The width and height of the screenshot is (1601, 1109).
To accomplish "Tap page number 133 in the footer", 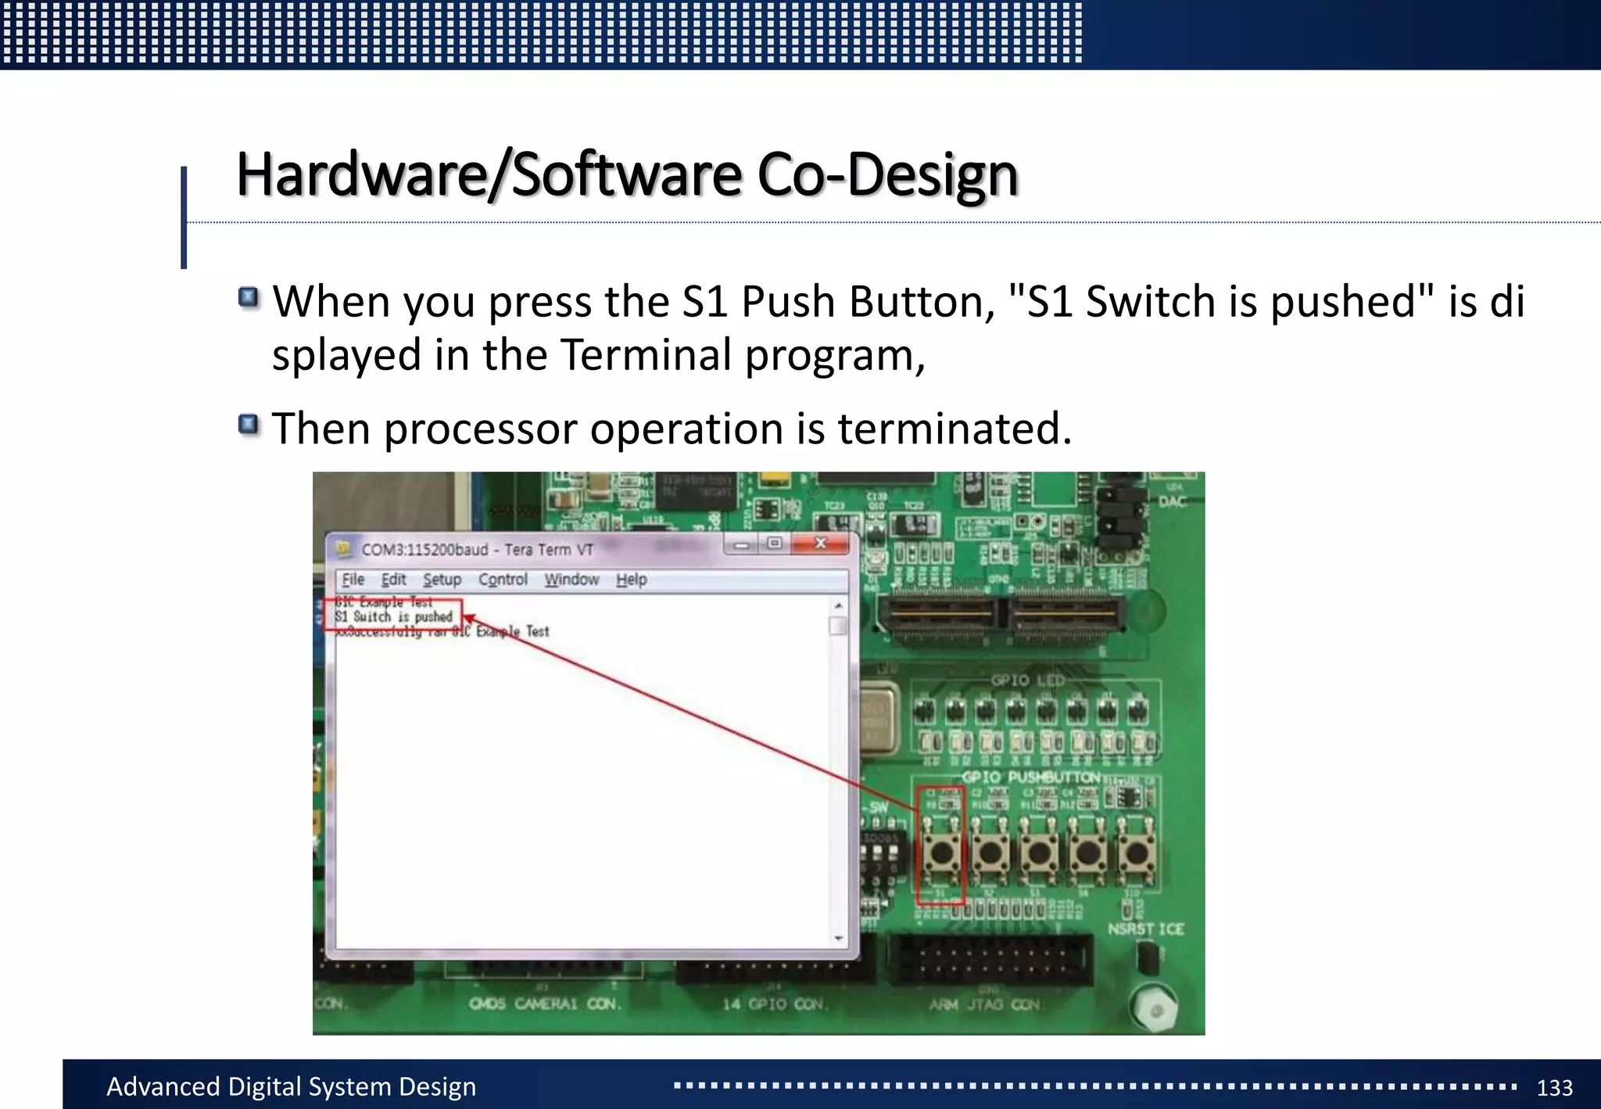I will tap(1554, 1087).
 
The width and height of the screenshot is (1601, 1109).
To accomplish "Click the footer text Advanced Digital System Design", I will tap(291, 1086).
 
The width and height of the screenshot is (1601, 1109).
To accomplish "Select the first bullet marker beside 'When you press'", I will tap(249, 298).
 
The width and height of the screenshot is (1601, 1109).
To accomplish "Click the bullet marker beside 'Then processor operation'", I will tap(249, 425).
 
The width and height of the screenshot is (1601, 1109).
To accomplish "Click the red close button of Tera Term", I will tap(820, 543).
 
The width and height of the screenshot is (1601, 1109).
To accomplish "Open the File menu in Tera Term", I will tap(353, 580).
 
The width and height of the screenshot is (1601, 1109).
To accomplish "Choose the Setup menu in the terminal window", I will tap(442, 580).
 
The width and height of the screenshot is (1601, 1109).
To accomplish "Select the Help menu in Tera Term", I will tap(631, 580).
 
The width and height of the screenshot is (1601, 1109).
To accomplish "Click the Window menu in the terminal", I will tap(571, 580).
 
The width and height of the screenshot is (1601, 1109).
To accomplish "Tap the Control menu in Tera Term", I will tap(503, 580).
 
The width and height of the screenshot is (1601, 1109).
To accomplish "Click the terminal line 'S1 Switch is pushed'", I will tap(393, 616).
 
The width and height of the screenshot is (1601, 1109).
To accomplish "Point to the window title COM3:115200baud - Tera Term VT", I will tap(477, 550).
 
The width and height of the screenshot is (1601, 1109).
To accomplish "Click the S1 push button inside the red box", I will tap(941, 852).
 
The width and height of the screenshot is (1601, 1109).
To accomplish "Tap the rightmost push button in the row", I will tap(1135, 852).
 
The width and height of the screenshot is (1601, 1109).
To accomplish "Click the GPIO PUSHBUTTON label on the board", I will tap(1030, 777).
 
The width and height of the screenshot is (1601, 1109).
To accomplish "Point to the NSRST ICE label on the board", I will tap(1145, 929).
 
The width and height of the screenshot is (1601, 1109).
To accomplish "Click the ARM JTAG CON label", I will tap(984, 1004).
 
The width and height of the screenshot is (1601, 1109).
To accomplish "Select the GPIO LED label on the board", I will tap(1027, 680).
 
